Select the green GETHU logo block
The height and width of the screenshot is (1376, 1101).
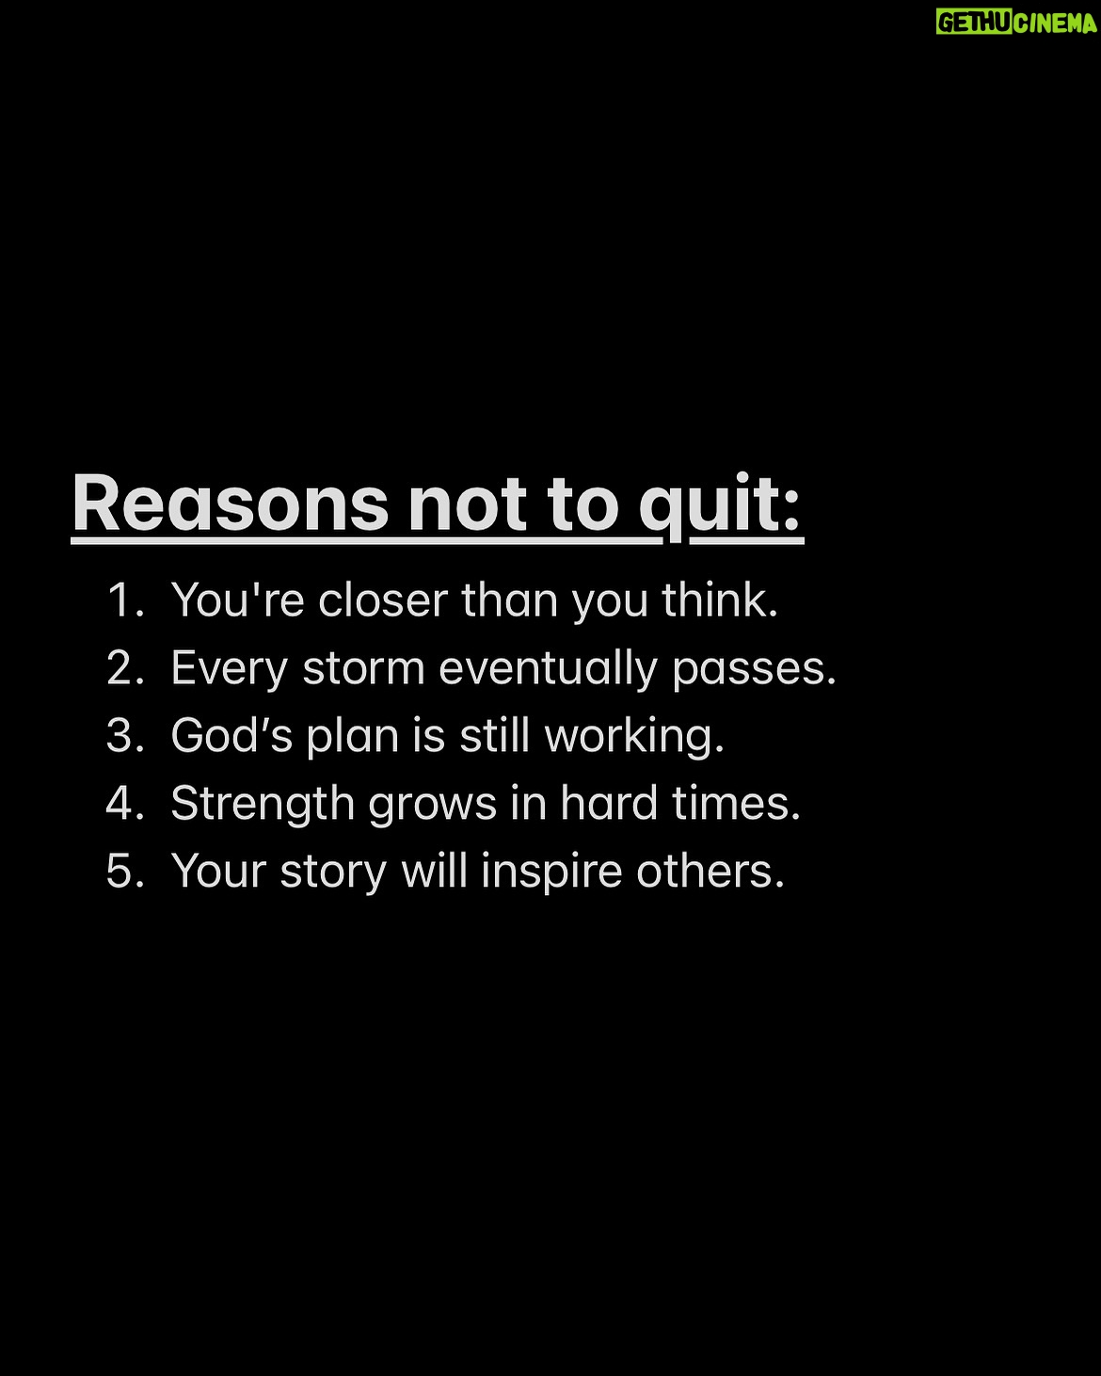pos(974,23)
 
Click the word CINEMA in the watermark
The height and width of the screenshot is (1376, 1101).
pos(1054,23)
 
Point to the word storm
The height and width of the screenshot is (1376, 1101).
pos(363,669)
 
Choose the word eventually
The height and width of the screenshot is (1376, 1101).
pos(548,670)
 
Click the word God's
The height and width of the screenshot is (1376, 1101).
pos(231,735)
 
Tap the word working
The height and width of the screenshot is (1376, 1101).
pos(634,738)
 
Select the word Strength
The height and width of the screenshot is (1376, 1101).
pos(263,805)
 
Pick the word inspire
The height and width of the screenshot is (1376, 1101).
pos(551,872)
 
